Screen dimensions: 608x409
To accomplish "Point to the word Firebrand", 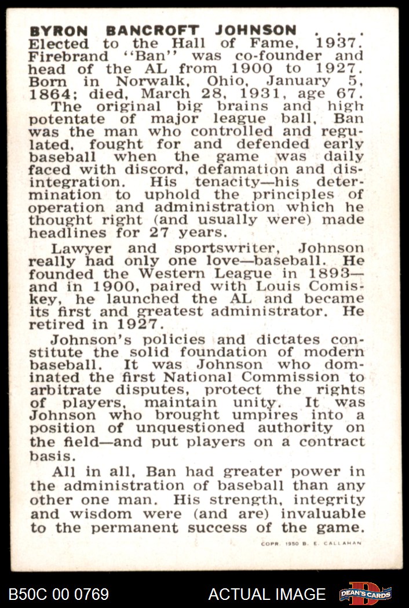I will coord(69,56).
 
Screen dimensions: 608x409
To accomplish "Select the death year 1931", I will coord(273,94).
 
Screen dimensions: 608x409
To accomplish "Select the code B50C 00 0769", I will coord(59,594).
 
